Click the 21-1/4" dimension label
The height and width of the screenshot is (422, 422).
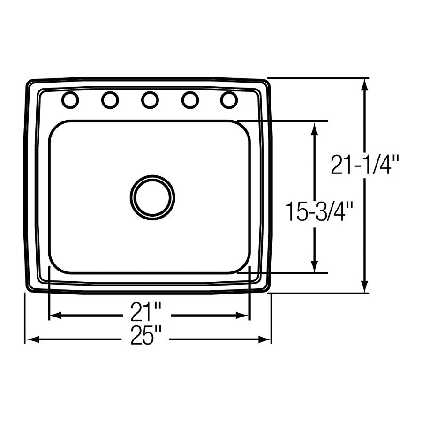click(x=364, y=165)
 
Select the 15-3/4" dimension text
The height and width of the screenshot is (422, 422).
click(x=319, y=212)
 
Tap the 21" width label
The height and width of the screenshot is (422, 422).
click(x=146, y=312)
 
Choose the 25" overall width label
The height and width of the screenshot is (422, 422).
click(x=146, y=335)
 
